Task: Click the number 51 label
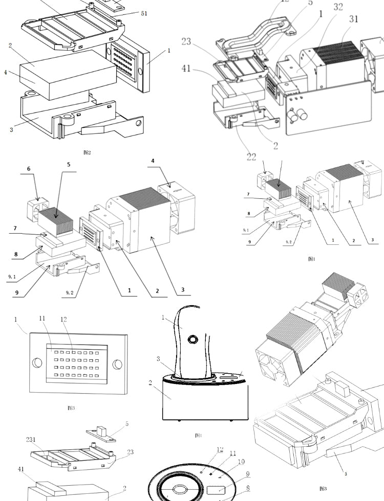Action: (143, 14)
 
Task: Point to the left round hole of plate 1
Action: (37, 363)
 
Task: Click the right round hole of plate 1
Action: (117, 365)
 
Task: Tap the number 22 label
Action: (251, 157)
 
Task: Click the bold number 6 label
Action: (29, 169)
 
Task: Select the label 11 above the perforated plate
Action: (42, 318)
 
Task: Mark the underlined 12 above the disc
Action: (220, 449)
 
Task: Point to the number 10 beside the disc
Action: (241, 462)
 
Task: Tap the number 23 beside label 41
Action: (186, 41)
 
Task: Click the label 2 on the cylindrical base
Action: (151, 382)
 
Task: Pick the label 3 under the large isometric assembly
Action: (346, 474)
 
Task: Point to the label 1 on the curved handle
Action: (163, 317)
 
